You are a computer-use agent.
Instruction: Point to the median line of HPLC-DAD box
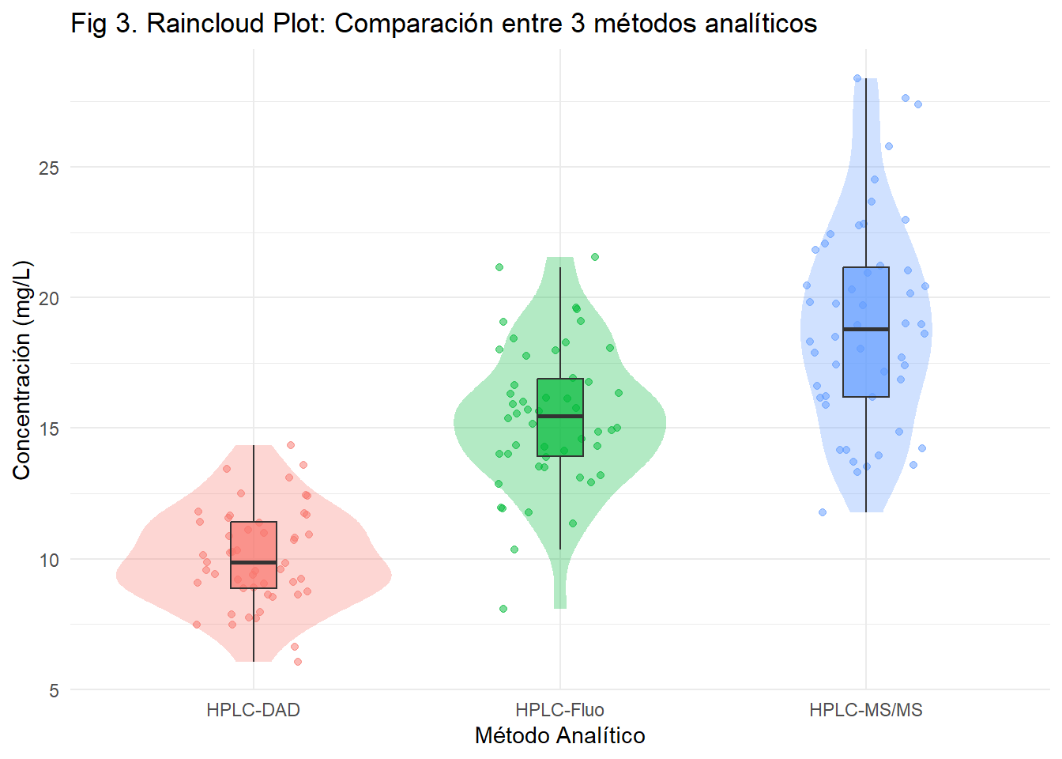pyautogui.click(x=254, y=562)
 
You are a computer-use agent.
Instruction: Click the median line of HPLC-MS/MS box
pyautogui.click(x=866, y=329)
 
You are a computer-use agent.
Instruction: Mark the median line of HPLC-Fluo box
pyautogui.click(x=560, y=416)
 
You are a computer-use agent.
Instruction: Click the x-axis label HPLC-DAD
pyautogui.click(x=254, y=710)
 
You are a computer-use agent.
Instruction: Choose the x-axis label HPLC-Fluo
pyautogui.click(x=560, y=710)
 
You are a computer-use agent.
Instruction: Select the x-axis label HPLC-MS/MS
pyautogui.click(x=866, y=710)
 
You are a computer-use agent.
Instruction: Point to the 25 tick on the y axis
pyautogui.click(x=49, y=168)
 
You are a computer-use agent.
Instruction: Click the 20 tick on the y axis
pyautogui.click(x=49, y=298)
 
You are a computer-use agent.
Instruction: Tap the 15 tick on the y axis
pyautogui.click(x=49, y=429)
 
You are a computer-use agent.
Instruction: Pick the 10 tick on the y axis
pyautogui.click(x=49, y=560)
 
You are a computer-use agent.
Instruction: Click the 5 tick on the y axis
pyautogui.click(x=54, y=690)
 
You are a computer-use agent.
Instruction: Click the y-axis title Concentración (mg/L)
pyautogui.click(x=21, y=369)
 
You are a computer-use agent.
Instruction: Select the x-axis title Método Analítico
pyautogui.click(x=560, y=736)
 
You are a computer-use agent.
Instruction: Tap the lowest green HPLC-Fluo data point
pyautogui.click(x=503, y=609)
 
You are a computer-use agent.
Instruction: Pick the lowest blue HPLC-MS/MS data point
pyautogui.click(x=823, y=512)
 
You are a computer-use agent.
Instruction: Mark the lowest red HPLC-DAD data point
pyautogui.click(x=298, y=662)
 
